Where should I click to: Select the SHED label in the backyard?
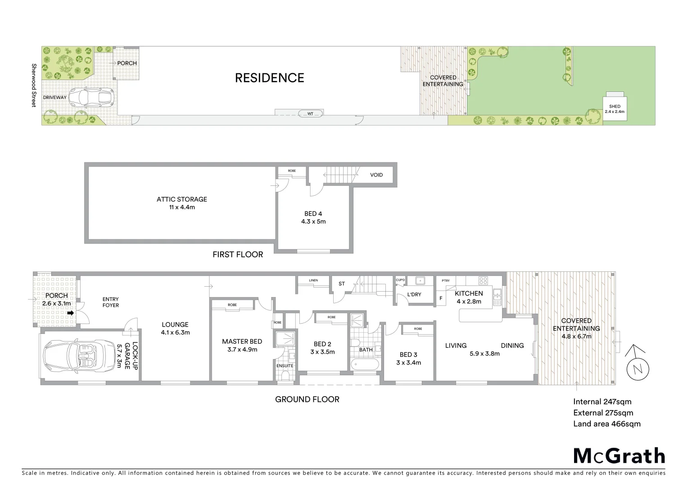[615, 107]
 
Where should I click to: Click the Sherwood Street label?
[33, 85]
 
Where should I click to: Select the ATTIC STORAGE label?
[182, 199]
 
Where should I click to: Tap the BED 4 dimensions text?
[313, 221]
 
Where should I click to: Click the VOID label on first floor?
[376, 175]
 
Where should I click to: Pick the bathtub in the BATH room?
[366, 364]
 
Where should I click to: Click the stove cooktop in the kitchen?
[483, 280]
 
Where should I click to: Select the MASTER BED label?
[242, 342]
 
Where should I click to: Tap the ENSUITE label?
[285, 366]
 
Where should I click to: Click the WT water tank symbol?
[310, 113]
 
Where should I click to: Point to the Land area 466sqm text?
[607, 423]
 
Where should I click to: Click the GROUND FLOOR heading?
[307, 399]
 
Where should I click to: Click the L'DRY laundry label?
[414, 294]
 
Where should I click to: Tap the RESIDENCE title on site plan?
[270, 78]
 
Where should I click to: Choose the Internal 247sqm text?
[602, 402]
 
